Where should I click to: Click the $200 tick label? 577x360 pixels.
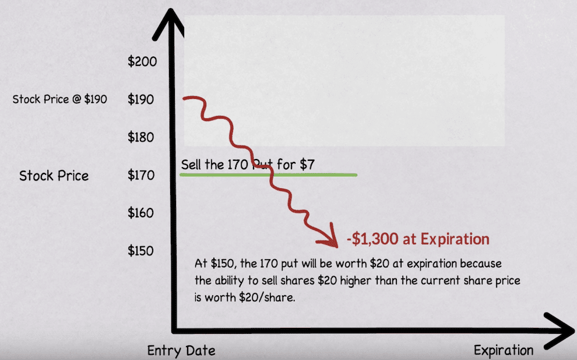point(142,61)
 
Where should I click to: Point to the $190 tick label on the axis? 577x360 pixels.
point(142,100)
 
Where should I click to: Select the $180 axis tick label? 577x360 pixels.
point(142,137)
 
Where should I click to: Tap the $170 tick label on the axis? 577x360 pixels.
point(142,175)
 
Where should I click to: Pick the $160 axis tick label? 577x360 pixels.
point(142,213)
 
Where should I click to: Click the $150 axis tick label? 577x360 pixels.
point(142,251)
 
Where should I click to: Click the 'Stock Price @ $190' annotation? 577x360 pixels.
point(59,100)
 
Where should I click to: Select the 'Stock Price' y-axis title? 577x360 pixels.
point(54,176)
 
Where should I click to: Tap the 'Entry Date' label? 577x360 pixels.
point(181,351)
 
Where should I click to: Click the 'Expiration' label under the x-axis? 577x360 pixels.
point(503,351)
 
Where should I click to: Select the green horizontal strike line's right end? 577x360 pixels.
point(355,174)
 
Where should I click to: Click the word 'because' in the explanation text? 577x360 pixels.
point(481,264)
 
